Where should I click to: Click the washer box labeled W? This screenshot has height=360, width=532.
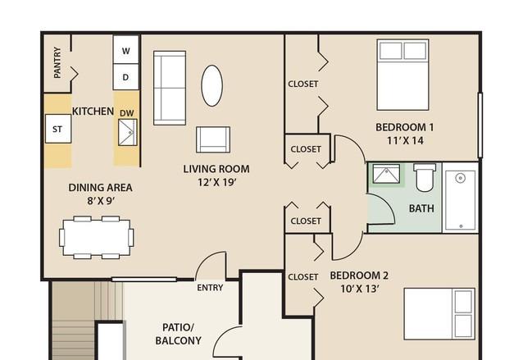(x=126, y=50)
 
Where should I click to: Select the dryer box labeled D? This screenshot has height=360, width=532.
(x=126, y=77)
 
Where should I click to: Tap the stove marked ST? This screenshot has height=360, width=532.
(x=58, y=129)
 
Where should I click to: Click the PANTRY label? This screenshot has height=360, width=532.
(x=57, y=62)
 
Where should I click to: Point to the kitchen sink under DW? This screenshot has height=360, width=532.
(x=128, y=132)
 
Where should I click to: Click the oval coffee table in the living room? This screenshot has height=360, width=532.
(x=212, y=85)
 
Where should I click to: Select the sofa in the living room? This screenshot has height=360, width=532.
(x=170, y=88)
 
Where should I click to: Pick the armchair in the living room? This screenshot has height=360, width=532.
(x=213, y=139)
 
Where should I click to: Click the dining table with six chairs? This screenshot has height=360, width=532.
(x=97, y=237)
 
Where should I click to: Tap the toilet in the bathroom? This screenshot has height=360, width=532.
(x=425, y=177)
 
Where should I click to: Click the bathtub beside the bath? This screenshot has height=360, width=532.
(x=460, y=200)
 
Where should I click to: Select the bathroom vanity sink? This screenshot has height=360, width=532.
(x=386, y=174)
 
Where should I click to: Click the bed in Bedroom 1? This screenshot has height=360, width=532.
(x=402, y=75)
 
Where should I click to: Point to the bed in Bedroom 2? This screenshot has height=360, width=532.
(x=439, y=314)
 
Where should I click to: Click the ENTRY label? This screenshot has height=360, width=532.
(x=210, y=288)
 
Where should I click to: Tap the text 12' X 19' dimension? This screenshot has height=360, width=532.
(x=216, y=183)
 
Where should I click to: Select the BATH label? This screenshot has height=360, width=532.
(x=421, y=208)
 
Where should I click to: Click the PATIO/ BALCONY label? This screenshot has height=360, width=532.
(x=178, y=334)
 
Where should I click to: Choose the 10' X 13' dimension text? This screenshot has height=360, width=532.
(x=359, y=289)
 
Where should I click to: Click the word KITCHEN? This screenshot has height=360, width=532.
(x=93, y=111)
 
